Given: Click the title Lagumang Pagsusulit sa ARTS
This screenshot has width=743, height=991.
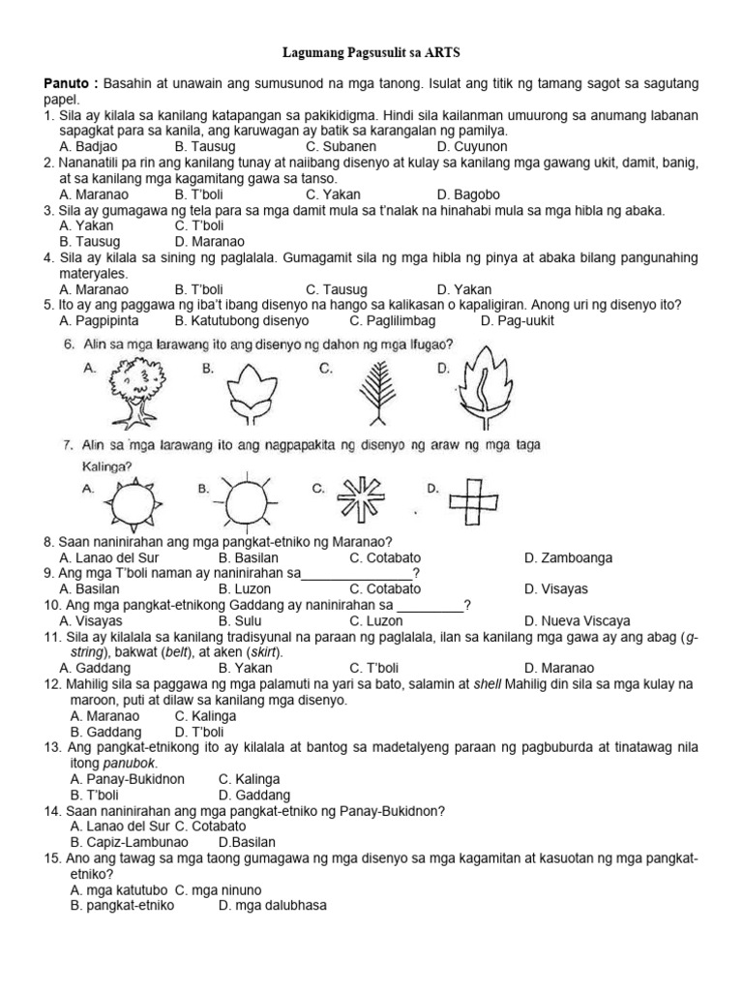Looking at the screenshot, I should point(371,55).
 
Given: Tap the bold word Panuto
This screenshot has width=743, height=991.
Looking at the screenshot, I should point(70,84).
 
